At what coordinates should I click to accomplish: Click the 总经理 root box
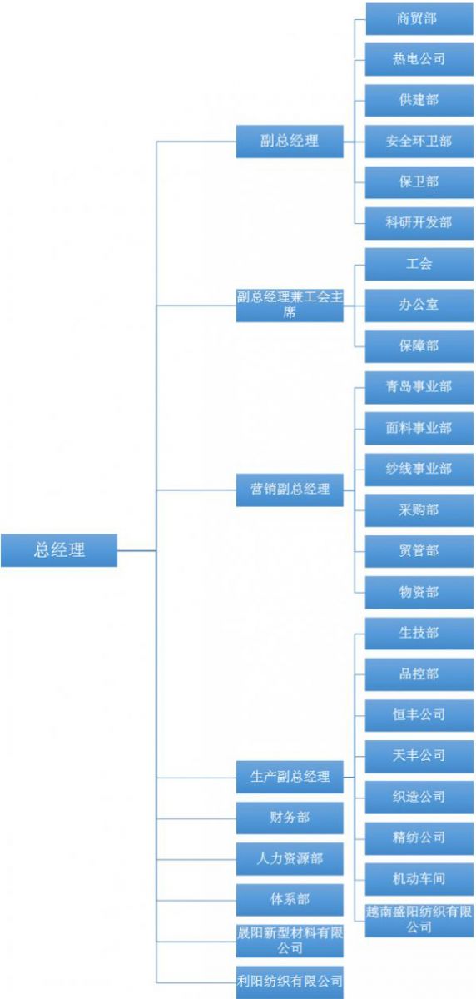[x=59, y=550]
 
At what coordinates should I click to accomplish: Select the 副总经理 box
[x=290, y=142]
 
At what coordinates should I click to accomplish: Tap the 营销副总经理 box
[x=290, y=490]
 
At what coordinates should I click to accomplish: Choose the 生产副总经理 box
[x=290, y=777]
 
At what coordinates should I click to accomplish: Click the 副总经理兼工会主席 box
[x=290, y=305]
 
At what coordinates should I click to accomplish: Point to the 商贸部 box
[x=419, y=18]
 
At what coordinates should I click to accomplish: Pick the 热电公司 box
[x=419, y=59]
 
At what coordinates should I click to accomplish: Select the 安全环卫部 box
[x=419, y=142]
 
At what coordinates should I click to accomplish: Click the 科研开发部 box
[x=419, y=223]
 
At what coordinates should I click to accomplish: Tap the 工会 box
[x=419, y=264]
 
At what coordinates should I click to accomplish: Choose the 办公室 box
[x=419, y=305]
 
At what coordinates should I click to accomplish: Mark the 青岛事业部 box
[x=419, y=387]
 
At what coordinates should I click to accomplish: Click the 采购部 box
[x=419, y=510]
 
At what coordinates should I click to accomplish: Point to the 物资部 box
[x=419, y=592]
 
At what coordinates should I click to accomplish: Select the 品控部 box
[x=419, y=674]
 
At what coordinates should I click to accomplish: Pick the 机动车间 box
[x=419, y=879]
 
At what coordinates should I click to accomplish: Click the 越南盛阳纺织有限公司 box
[x=419, y=920]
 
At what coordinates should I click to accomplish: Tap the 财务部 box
[x=290, y=818]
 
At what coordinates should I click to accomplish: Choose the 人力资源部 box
[x=290, y=859]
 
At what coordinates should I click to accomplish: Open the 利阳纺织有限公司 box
[x=290, y=982]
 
